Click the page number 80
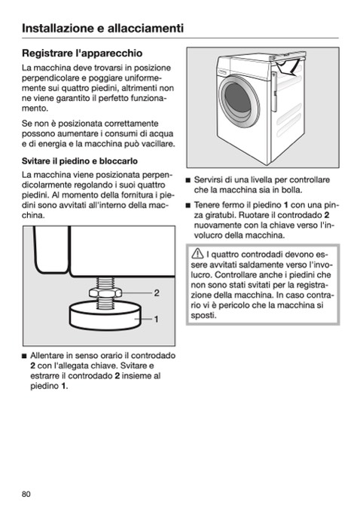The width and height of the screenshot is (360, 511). pyautogui.click(x=26, y=494)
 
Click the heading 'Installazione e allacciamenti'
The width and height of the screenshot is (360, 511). pyautogui.click(x=102, y=28)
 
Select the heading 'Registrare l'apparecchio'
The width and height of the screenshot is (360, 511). pyautogui.click(x=82, y=53)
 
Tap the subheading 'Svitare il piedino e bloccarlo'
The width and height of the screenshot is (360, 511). pyautogui.click(x=80, y=161)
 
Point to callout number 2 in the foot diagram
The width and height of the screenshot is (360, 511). pyautogui.click(x=157, y=293)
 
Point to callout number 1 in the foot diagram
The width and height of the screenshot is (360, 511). pyautogui.click(x=157, y=319)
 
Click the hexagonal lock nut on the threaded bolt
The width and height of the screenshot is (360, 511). pyautogui.click(x=105, y=292)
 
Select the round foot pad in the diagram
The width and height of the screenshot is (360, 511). pyautogui.click(x=105, y=316)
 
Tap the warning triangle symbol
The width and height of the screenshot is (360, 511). pyautogui.click(x=197, y=253)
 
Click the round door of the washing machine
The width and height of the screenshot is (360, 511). pyautogui.click(x=239, y=101)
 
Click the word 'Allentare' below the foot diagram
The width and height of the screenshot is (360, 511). pyautogui.click(x=47, y=355)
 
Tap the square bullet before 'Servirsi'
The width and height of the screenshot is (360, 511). pyautogui.click(x=188, y=180)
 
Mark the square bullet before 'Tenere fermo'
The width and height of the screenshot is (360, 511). pyautogui.click(x=188, y=205)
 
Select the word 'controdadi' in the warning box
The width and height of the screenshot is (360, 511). pyautogui.click(x=260, y=255)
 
